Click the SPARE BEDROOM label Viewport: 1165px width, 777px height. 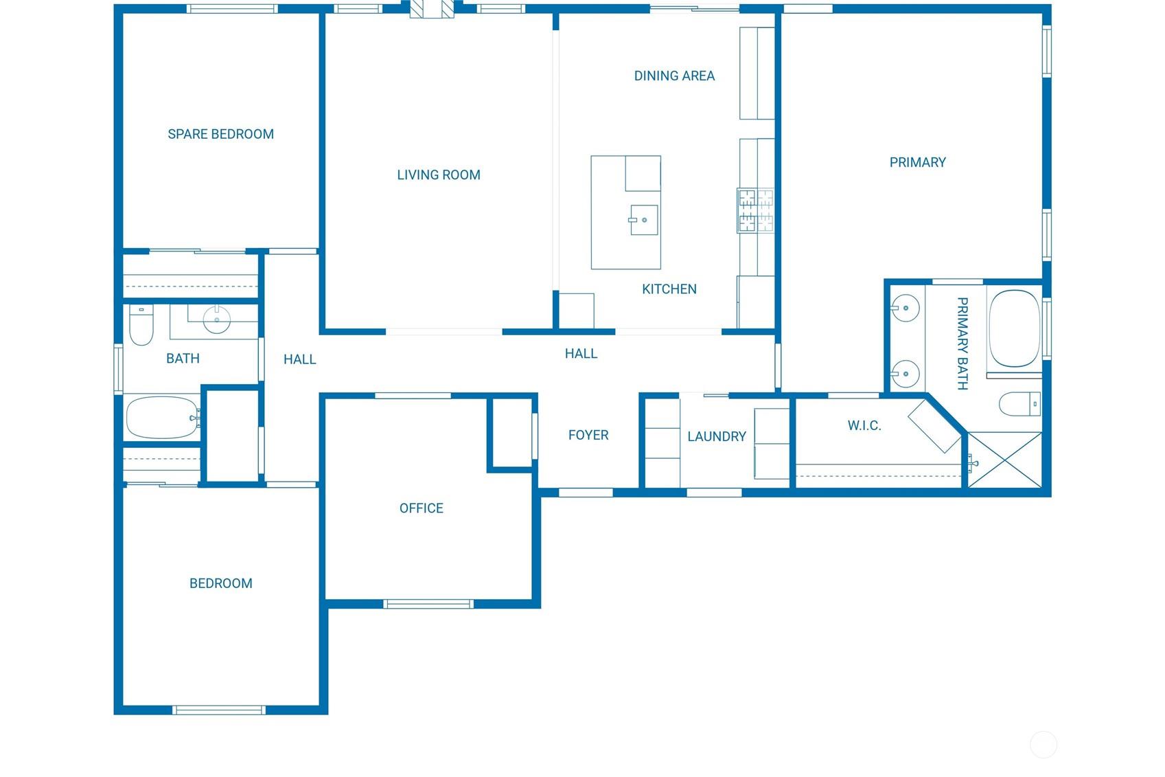[220, 134]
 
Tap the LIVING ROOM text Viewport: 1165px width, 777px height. [439, 175]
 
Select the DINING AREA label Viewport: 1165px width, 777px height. [674, 76]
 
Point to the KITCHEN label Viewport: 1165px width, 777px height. [669, 289]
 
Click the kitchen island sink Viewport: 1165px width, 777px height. [644, 220]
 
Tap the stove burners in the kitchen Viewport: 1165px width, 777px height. [756, 210]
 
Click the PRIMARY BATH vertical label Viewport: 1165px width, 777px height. [962, 344]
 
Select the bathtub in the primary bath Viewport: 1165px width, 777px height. [1014, 329]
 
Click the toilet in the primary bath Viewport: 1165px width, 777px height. [1020, 404]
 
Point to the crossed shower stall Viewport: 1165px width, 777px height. [1005, 460]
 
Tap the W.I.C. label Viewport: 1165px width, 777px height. [864, 426]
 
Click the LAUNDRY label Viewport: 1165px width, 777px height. [717, 437]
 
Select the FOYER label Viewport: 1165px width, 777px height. [588, 435]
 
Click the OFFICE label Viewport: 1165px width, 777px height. [422, 508]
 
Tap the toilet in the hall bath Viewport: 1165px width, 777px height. [141, 325]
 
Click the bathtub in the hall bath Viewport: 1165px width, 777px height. [162, 418]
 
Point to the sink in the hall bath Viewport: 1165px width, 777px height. [217, 319]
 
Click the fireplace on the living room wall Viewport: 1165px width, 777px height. [432, 10]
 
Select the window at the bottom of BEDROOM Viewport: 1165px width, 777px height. [219, 710]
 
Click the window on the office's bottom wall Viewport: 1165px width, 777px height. [428, 604]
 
